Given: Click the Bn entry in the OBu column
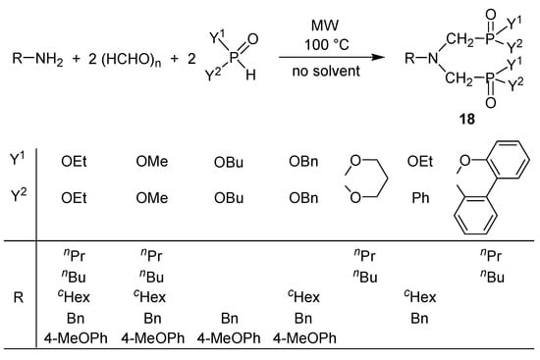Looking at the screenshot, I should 230,318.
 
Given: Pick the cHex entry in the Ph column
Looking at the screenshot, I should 419,296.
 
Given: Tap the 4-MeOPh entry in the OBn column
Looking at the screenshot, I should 304,338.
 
